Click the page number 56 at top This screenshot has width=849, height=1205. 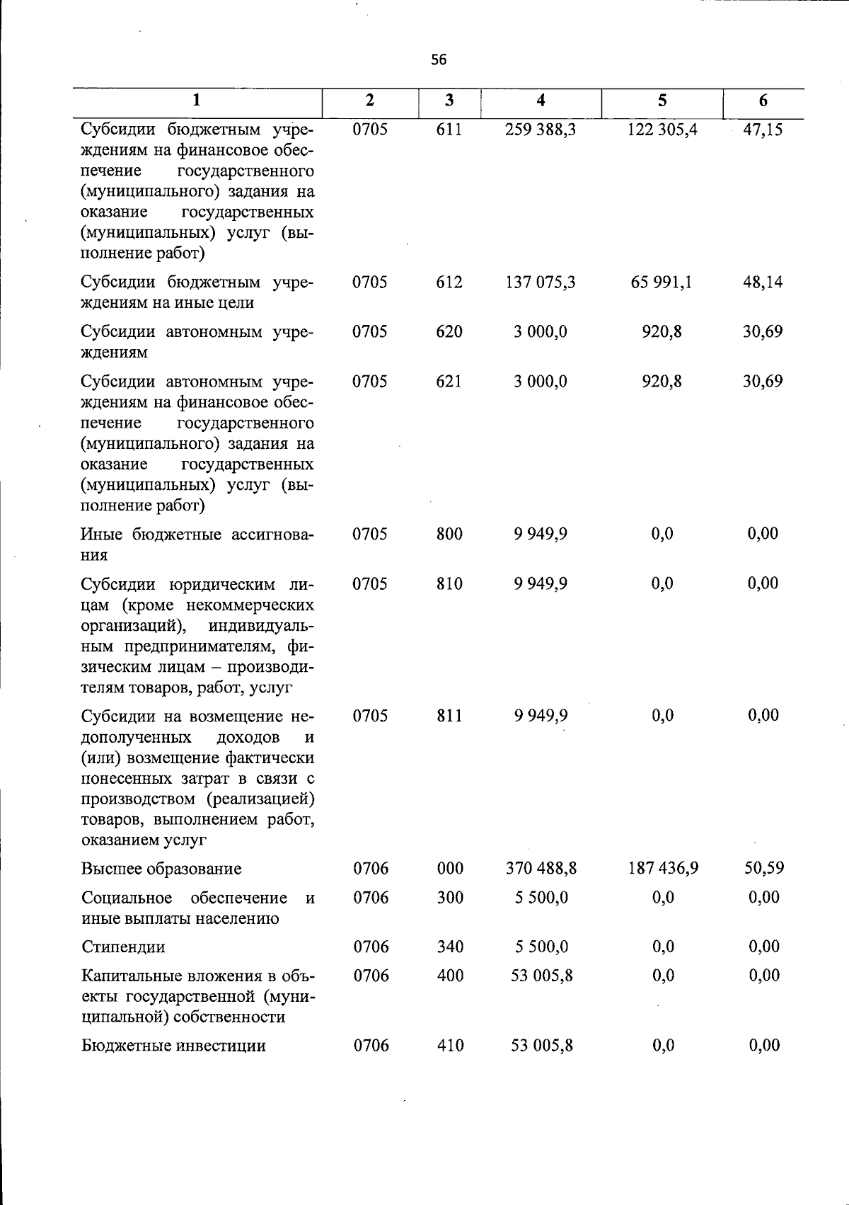pyautogui.click(x=439, y=60)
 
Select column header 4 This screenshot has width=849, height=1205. pyautogui.click(x=541, y=101)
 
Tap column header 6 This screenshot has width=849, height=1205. pyautogui.click(x=763, y=101)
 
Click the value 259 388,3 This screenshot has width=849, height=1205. pyautogui.click(x=541, y=130)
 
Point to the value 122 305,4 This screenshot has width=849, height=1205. pyautogui.click(x=662, y=130)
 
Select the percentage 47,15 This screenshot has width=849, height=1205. pyautogui.click(x=763, y=130)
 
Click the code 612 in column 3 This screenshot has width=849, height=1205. pyautogui.click(x=449, y=282)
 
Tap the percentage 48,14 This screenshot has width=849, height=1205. pyautogui.click(x=763, y=282)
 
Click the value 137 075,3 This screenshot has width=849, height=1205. pyautogui.click(x=541, y=282)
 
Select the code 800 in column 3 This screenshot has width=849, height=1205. pyautogui.click(x=449, y=534)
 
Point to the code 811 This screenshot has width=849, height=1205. pyautogui.click(x=449, y=716)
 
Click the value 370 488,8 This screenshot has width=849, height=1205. pyautogui.click(x=541, y=869)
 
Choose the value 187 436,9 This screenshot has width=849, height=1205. pyautogui.click(x=663, y=869)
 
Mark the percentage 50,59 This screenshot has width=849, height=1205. pyautogui.click(x=763, y=869)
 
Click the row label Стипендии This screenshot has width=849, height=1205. pyautogui.click(x=123, y=947)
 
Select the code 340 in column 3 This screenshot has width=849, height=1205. pyautogui.click(x=450, y=947)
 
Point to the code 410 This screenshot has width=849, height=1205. pyautogui.click(x=450, y=1046)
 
